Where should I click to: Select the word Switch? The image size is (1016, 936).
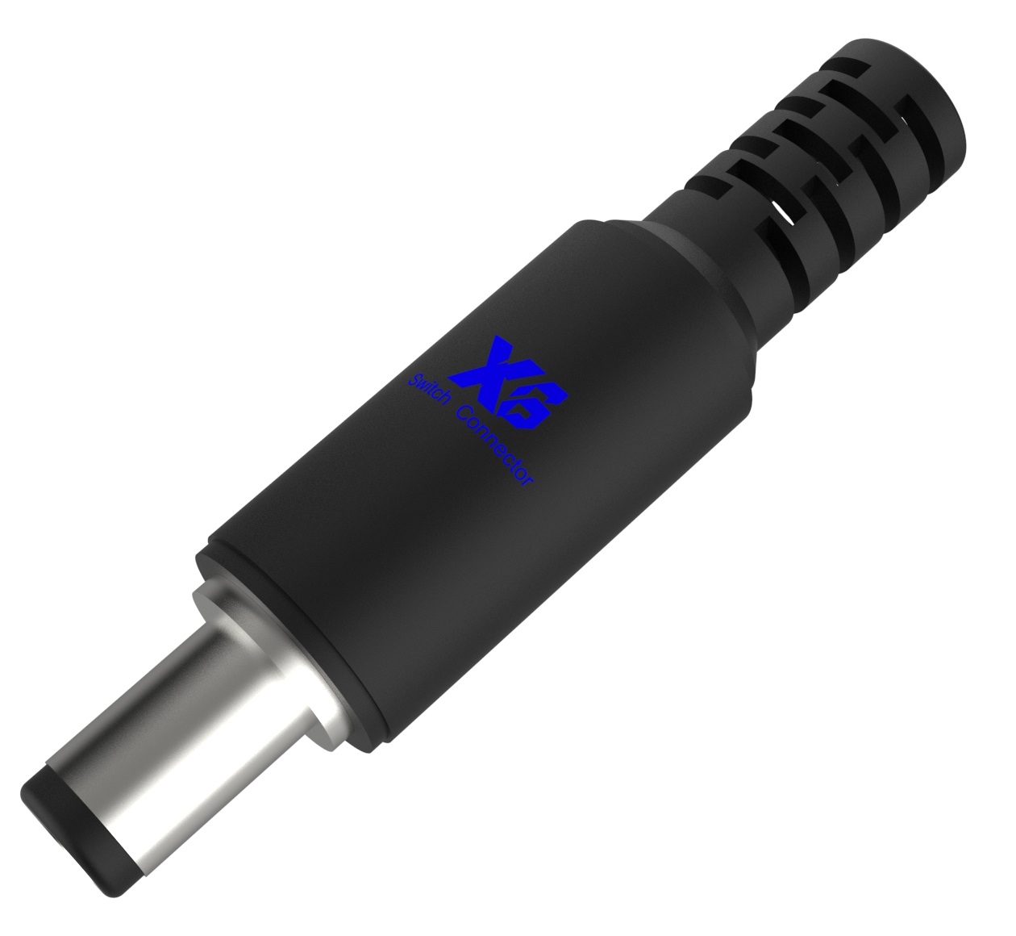[428, 388]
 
